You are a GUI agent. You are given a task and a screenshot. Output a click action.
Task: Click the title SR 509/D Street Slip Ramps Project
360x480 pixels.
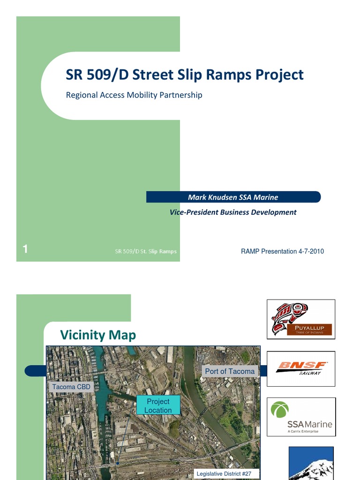pyautogui.click(x=184, y=75)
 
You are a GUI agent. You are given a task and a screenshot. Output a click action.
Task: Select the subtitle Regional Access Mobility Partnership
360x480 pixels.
pyautogui.click(x=134, y=95)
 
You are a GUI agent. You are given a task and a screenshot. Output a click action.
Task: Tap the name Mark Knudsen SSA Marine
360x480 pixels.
pyautogui.click(x=233, y=197)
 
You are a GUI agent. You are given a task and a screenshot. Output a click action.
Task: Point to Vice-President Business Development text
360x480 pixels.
pyautogui.click(x=233, y=212)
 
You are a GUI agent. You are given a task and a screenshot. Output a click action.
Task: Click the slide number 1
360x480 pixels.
pyautogui.click(x=25, y=250)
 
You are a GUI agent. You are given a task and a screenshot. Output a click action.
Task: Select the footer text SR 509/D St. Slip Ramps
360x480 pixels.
pyautogui.click(x=146, y=251)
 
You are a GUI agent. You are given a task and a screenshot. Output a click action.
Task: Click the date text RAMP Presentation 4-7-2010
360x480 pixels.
pyautogui.click(x=282, y=252)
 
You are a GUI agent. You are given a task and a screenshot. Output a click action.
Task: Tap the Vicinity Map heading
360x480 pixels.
pyautogui.click(x=98, y=335)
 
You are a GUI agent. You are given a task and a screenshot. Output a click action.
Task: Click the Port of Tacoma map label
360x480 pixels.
pyautogui.click(x=230, y=371)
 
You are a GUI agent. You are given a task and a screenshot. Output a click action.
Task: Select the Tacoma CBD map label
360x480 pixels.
pyautogui.click(x=71, y=387)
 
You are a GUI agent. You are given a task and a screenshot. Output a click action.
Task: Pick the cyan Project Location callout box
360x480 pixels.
pyautogui.click(x=158, y=406)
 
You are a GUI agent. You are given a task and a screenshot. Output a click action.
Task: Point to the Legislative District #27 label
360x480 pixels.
pyautogui.click(x=224, y=474)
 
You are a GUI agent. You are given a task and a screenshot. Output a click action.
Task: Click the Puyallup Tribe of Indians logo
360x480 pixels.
pyautogui.click(x=301, y=319)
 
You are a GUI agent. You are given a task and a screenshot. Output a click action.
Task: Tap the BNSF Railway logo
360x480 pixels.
pyautogui.click(x=301, y=368)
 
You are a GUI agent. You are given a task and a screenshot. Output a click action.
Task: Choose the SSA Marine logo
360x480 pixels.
pyautogui.click(x=301, y=417)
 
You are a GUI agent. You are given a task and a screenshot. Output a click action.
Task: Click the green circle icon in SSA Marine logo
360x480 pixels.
pyautogui.click(x=280, y=410)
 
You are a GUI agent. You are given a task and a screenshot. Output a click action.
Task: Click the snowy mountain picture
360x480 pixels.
pyautogui.click(x=311, y=464)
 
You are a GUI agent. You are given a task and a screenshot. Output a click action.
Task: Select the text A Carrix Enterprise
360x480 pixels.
pyautogui.click(x=303, y=431)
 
